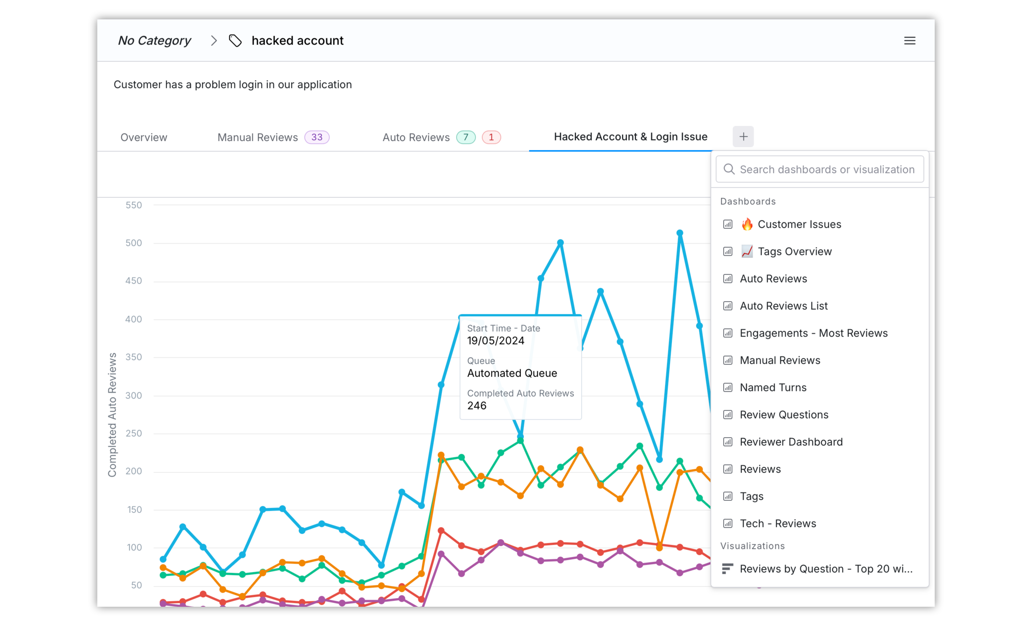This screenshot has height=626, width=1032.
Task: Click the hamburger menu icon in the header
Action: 909,41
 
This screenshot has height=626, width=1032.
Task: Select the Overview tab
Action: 144,137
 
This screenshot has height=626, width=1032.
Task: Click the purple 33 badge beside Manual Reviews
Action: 317,137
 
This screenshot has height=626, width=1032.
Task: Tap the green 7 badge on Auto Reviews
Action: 465,137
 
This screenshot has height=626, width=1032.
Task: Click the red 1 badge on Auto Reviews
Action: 491,137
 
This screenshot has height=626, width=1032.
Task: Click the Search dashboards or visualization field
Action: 820,169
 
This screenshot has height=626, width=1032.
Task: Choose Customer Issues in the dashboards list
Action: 799,224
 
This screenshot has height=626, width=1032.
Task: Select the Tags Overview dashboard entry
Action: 794,251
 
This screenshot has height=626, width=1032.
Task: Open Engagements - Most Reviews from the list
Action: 813,333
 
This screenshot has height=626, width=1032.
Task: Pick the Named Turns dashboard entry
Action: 773,388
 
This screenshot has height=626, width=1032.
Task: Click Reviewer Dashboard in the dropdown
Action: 791,442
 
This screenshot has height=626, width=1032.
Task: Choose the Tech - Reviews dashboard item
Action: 778,524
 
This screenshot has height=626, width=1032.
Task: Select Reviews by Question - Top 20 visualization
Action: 825,569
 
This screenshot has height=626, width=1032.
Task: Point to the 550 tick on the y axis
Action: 134,205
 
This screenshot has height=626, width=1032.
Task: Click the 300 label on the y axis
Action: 134,396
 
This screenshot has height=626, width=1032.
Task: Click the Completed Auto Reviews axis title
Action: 112,415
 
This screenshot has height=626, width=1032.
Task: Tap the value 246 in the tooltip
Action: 477,406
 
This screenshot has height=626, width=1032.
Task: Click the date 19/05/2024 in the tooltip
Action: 496,341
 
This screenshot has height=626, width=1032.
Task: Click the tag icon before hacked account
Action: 235,41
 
